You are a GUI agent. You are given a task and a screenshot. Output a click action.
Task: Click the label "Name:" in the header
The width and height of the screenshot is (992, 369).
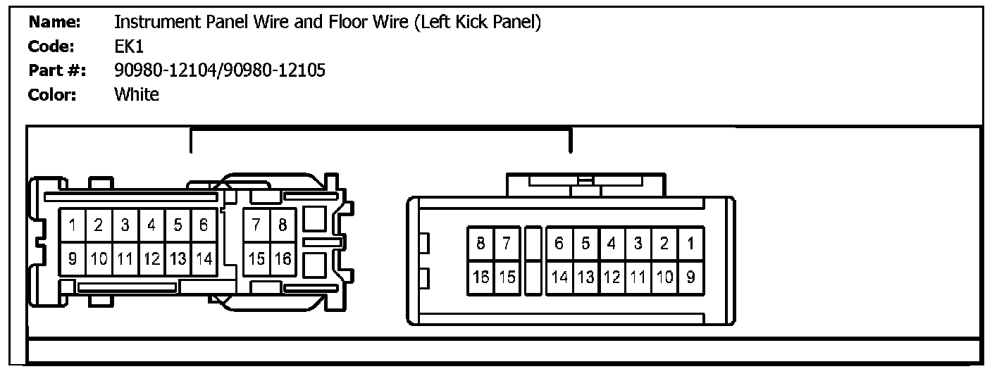(x=54, y=23)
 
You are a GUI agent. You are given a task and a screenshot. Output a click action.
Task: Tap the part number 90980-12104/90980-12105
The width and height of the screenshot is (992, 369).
(x=219, y=70)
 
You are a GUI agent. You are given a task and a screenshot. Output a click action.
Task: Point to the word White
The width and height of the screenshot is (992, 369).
(x=137, y=94)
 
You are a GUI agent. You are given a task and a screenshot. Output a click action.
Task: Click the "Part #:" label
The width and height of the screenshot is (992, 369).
(x=58, y=70)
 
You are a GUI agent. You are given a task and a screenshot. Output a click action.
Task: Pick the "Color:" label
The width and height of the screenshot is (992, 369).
(x=52, y=94)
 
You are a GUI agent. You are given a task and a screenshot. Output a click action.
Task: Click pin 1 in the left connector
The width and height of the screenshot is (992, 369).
(x=73, y=225)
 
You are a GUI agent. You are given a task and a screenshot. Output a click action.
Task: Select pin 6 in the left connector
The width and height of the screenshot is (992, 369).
(x=204, y=225)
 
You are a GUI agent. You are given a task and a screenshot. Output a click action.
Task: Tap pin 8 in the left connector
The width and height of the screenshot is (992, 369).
(x=283, y=225)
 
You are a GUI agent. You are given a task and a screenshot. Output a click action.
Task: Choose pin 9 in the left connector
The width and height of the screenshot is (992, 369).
(x=73, y=258)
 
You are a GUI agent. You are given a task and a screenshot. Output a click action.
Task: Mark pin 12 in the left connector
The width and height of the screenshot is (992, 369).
(x=151, y=258)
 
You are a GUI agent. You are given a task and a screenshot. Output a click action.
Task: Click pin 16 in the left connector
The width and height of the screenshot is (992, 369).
(x=283, y=258)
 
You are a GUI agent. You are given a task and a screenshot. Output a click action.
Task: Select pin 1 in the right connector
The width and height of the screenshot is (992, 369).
(x=690, y=244)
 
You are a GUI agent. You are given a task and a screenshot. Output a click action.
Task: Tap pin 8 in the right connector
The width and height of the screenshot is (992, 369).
(x=480, y=244)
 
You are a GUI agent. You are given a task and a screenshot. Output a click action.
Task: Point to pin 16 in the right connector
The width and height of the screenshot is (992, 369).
(x=480, y=277)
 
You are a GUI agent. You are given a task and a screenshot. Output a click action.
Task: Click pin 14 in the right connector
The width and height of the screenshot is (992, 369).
(x=559, y=277)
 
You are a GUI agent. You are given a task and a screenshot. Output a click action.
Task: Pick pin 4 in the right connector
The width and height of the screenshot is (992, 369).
(x=611, y=244)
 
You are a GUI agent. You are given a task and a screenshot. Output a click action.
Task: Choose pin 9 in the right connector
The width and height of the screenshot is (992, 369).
(x=690, y=277)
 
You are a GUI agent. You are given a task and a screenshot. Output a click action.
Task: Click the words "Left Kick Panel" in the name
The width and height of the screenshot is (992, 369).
(x=477, y=23)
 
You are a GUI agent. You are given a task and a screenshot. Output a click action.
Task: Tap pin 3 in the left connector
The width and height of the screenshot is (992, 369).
(x=125, y=225)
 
